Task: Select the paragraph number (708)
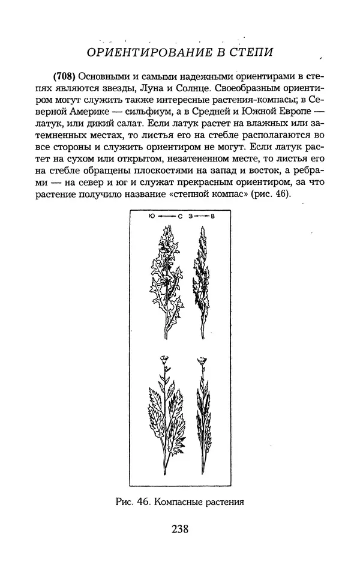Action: click(65, 77)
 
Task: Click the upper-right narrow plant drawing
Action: click(200, 276)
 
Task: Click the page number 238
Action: click(180, 529)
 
